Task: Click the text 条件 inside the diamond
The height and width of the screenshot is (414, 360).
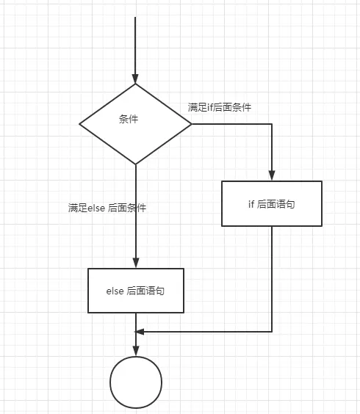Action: pos(129,119)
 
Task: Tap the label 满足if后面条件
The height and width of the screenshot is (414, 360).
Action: pos(220,107)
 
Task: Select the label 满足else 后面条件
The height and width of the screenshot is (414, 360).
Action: pos(107,208)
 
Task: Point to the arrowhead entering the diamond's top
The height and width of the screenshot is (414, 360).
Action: pos(135,79)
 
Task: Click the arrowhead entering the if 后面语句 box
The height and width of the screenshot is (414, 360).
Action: pos(272,176)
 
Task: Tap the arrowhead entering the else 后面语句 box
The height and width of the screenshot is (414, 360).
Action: pos(136,264)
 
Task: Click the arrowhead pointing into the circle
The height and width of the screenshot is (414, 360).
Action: pos(136,352)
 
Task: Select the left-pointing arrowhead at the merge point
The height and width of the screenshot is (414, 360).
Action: pos(140,332)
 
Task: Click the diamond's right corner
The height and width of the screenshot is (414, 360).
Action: pos(192,124)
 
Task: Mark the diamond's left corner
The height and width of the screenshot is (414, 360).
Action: pos(79,124)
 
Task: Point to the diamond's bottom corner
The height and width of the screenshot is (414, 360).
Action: pos(136,164)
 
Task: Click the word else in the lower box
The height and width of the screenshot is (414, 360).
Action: pos(115,291)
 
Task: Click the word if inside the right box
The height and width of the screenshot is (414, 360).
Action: pos(251,204)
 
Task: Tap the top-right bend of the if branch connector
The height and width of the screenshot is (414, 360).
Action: pos(272,124)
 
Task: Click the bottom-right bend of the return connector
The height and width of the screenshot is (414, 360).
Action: pos(272,332)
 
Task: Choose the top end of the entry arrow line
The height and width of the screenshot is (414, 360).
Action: pos(135,17)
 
